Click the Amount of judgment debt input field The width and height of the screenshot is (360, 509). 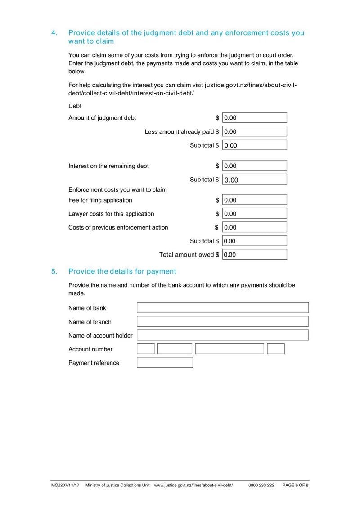click(254, 118)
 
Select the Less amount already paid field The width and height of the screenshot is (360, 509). click(254, 131)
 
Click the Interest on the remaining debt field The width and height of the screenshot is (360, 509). click(254, 166)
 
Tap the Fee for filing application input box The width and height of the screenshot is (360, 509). click(254, 200)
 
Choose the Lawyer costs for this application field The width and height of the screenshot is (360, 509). click(254, 213)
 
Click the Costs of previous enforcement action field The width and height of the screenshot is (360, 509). click(254, 227)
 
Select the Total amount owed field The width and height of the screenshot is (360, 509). click(254, 254)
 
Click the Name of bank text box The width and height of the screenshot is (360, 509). click(223, 308)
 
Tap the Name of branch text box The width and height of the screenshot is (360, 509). click(223, 321)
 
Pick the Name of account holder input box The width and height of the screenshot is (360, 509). click(223, 335)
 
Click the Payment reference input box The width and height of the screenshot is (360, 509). click(165, 363)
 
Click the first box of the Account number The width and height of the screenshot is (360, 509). click(145, 349)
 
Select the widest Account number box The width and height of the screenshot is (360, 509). click(229, 349)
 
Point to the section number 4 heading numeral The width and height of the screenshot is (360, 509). click(54, 33)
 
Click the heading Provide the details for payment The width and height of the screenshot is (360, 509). click(122, 271)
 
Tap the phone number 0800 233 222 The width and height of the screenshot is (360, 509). click(261, 486)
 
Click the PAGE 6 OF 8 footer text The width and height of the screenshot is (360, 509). click(295, 486)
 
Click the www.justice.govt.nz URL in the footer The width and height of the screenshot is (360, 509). click(193, 486)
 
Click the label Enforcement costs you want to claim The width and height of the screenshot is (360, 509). click(117, 189)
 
